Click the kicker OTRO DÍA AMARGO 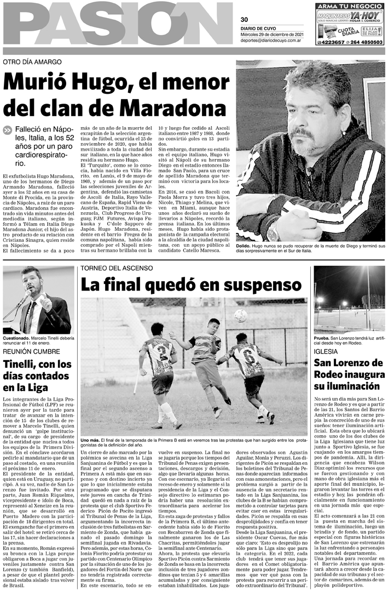(x=32, y=62)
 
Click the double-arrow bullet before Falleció (x=7, y=130)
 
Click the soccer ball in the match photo (x=240, y=316)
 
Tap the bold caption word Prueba (x=324, y=338)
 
